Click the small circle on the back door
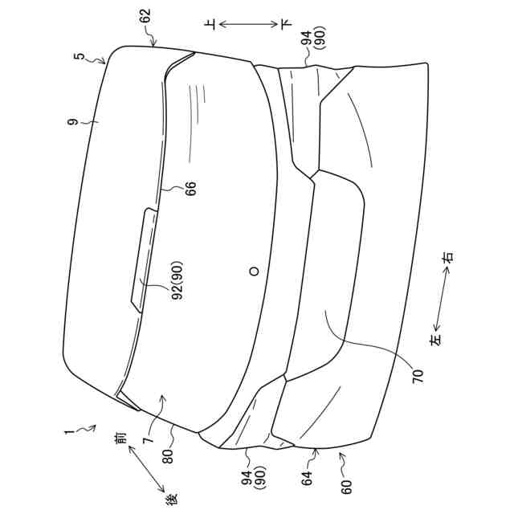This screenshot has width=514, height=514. click(x=255, y=271)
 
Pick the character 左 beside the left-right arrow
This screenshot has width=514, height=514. click(x=435, y=341)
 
